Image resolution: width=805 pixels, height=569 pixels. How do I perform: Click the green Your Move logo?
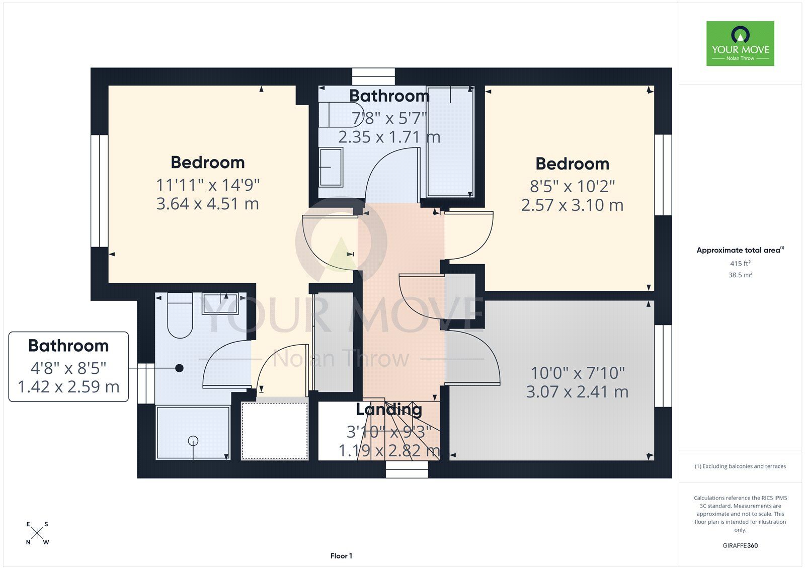pyautogui.click(x=740, y=43)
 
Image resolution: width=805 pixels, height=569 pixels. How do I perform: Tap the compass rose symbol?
pyautogui.click(x=37, y=533)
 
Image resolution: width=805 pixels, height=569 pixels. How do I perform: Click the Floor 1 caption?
pyautogui.click(x=341, y=556)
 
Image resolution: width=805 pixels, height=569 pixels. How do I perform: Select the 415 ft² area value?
pyautogui.click(x=740, y=263)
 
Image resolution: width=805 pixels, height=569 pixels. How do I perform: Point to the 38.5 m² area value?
pyautogui.click(x=740, y=275)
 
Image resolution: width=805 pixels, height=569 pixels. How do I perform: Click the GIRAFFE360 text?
pyautogui.click(x=740, y=545)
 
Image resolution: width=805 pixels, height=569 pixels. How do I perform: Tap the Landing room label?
pyautogui.click(x=389, y=410)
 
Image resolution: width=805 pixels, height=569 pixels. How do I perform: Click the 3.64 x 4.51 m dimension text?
pyautogui.click(x=207, y=204)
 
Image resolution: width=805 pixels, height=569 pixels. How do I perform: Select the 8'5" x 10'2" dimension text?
pyautogui.click(x=572, y=186)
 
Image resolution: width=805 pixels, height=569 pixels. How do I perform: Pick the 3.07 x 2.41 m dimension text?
pyautogui.click(x=577, y=392)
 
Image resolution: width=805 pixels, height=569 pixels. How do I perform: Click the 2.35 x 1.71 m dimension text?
pyautogui.click(x=389, y=137)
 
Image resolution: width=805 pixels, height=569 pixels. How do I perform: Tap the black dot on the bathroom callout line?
pyautogui.click(x=179, y=368)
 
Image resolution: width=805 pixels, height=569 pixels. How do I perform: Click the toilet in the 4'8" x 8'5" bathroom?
pyautogui.click(x=180, y=316)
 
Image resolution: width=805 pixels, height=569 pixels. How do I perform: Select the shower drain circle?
pyautogui.click(x=193, y=440)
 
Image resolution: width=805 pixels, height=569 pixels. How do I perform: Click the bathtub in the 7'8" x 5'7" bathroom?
pyautogui.click(x=451, y=141)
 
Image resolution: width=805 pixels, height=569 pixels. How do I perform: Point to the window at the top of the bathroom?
pyautogui.click(x=373, y=76)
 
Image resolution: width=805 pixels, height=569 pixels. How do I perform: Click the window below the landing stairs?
pyautogui.click(x=407, y=469)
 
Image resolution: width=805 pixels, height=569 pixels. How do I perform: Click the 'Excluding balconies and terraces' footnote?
pyautogui.click(x=740, y=466)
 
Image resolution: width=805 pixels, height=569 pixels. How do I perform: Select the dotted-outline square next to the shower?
pyautogui.click(x=275, y=431)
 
